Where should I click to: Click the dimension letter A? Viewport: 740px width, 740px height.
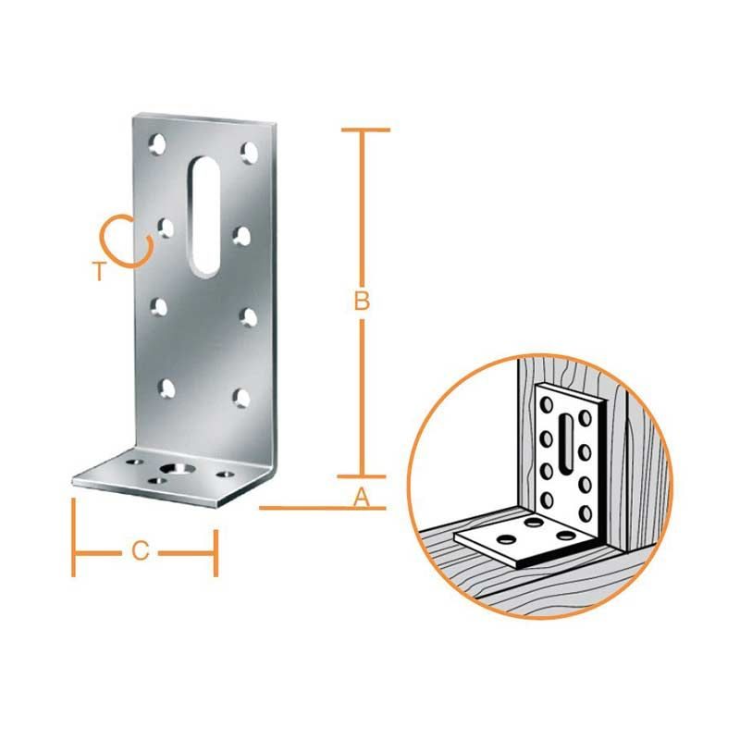pyautogui.click(x=362, y=498)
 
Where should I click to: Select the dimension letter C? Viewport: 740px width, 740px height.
pyautogui.click(x=141, y=551)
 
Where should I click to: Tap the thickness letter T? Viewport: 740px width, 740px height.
pyautogui.click(x=99, y=271)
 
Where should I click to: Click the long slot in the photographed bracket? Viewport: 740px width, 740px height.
pyautogui.click(x=205, y=216)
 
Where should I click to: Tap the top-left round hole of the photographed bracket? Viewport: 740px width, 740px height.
pyautogui.click(x=157, y=144)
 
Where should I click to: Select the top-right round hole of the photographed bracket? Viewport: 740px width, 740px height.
pyautogui.click(x=250, y=152)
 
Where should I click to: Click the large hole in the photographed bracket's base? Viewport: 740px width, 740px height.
pyautogui.click(x=178, y=468)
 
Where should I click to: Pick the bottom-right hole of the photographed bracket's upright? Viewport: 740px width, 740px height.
pyautogui.click(x=241, y=398)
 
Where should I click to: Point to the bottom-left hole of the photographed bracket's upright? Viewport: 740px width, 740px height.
pyautogui.click(x=166, y=388)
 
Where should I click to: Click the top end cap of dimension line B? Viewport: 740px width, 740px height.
pyautogui.click(x=365, y=129)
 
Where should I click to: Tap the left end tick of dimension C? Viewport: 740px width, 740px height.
pyautogui.click(x=74, y=537)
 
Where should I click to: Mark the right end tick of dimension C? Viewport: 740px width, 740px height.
pyautogui.click(x=216, y=553)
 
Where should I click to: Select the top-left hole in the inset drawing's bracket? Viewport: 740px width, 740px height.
pyautogui.click(x=548, y=404)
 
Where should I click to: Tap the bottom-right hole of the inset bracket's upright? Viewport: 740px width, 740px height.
pyautogui.click(x=586, y=512)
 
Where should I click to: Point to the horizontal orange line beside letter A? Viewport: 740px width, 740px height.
pyautogui.click(x=323, y=508)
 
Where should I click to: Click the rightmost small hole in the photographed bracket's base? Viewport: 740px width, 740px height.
pyautogui.click(x=225, y=474)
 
